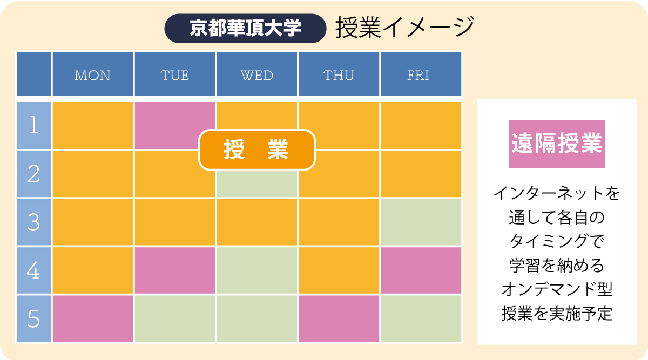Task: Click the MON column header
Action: pyautogui.click(x=92, y=74)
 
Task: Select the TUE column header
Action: pyautogui.click(x=175, y=74)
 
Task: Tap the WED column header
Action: pyautogui.click(x=257, y=74)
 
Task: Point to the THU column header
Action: pyautogui.click(x=339, y=74)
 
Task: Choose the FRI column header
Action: pyautogui.click(x=421, y=74)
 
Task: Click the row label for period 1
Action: pyautogui.click(x=33, y=126)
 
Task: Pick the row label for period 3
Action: pyautogui.click(x=33, y=222)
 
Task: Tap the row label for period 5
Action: pyautogui.click(x=33, y=318)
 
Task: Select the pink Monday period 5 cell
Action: pyautogui.click(x=92, y=318)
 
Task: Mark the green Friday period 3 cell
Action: pyautogui.click(x=421, y=222)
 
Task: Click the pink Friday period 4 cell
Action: pyautogui.click(x=421, y=270)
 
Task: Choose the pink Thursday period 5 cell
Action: pyautogui.click(x=339, y=318)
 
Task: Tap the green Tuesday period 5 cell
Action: pyautogui.click(x=175, y=318)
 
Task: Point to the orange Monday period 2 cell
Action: pyautogui.click(x=92, y=174)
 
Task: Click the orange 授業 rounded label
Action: pyautogui.click(x=257, y=150)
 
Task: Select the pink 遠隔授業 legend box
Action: pyautogui.click(x=557, y=144)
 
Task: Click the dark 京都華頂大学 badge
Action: pyautogui.click(x=245, y=29)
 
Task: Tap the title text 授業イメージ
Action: pyautogui.click(x=405, y=28)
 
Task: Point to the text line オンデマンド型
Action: pyautogui.click(x=557, y=289)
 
